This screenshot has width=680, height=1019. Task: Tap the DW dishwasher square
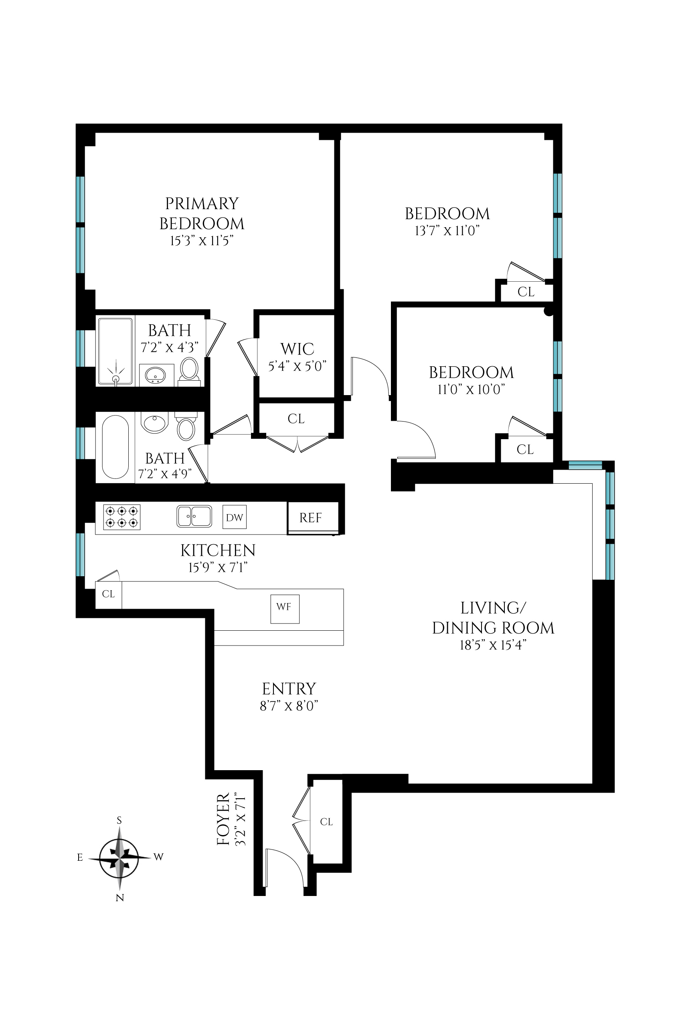[235, 517]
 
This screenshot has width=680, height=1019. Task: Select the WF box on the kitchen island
[285, 607]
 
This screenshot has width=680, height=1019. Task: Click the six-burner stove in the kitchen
[122, 517]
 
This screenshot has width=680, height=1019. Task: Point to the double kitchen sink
[194, 516]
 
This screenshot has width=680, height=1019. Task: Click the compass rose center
[119, 859]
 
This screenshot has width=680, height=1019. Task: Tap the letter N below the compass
[120, 898]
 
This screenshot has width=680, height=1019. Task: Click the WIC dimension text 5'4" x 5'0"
[297, 367]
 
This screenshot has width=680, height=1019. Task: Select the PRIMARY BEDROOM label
[202, 214]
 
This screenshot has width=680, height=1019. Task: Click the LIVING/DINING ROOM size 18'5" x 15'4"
[493, 646]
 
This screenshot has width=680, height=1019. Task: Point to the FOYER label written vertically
[223, 819]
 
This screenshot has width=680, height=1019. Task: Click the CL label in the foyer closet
[326, 822]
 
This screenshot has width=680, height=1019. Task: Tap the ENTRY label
[289, 689]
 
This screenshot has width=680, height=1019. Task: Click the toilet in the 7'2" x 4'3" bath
[189, 371]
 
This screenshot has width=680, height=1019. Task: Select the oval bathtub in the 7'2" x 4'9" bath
[115, 447]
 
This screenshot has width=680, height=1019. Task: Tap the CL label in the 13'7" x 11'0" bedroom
[526, 292]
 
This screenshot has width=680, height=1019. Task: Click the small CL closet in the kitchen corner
[108, 594]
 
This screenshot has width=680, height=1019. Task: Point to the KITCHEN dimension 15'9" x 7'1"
[218, 568]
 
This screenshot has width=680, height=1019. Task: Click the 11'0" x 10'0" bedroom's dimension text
[471, 389]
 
